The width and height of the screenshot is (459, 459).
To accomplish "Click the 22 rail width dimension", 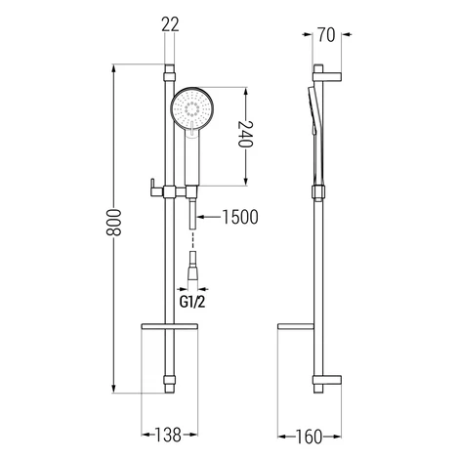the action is (170, 24).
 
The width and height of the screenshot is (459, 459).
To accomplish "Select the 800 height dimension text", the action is (113, 223).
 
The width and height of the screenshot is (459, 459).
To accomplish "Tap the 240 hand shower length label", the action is (245, 134).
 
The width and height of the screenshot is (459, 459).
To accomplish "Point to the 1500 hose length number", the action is (240, 217).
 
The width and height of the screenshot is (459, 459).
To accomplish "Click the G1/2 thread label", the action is (192, 303).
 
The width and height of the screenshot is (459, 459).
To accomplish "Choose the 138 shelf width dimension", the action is (168, 435).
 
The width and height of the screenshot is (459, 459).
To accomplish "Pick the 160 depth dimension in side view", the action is (309, 437).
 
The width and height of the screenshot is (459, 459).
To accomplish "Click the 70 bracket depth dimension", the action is (326, 35).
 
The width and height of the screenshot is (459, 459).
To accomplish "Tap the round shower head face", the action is (192, 108).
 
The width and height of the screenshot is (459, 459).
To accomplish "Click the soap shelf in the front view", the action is (169, 326).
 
